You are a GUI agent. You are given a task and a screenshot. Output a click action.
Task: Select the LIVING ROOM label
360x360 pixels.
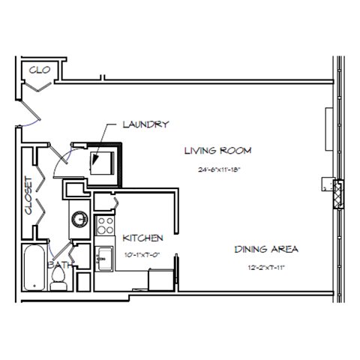[217, 151]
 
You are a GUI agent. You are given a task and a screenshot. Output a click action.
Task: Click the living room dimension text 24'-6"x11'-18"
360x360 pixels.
[217, 170]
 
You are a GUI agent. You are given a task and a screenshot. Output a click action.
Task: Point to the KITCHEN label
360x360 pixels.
[142, 238]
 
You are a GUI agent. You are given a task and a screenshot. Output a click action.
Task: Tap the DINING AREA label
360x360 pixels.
[267, 249]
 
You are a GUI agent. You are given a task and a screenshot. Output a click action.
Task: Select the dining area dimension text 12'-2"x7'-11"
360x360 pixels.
[267, 268]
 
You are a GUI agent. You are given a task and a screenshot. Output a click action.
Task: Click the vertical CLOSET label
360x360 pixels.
[29, 196]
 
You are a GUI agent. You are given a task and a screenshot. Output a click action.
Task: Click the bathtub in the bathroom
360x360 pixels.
[33, 268]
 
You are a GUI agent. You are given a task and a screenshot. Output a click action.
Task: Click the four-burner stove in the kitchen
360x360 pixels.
[105, 226]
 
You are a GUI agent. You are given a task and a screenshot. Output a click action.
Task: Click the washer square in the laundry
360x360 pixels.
[101, 160]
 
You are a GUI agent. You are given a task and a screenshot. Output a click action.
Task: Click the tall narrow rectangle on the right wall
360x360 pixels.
[328, 129]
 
